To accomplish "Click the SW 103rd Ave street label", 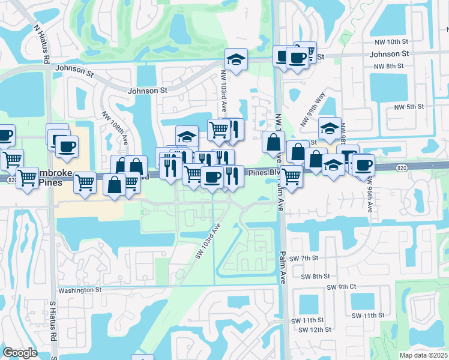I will [208, 241].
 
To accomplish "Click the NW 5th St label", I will [409, 107].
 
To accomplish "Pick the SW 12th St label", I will [315, 330].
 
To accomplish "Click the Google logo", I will [20, 353].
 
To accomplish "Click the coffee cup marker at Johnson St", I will [297, 58].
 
